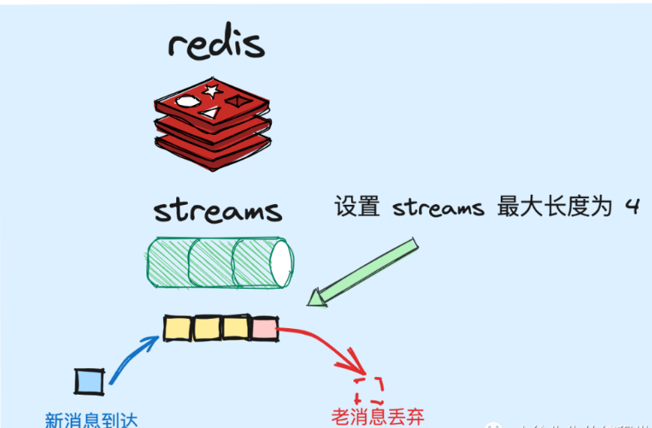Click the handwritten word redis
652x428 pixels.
click(x=215, y=42)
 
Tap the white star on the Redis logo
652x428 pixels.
click(x=210, y=91)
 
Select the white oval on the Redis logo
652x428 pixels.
click(x=188, y=101)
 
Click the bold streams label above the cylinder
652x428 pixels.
click(x=218, y=210)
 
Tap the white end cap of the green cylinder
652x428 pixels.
click(x=280, y=261)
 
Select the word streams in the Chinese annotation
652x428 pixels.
click(x=437, y=207)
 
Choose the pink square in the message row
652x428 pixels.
click(x=264, y=328)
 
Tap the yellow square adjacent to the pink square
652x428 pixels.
click(x=236, y=328)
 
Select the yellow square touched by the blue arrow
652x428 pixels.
click(x=178, y=328)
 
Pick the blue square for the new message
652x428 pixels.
click(x=88, y=381)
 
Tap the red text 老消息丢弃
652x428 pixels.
click(x=377, y=416)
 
